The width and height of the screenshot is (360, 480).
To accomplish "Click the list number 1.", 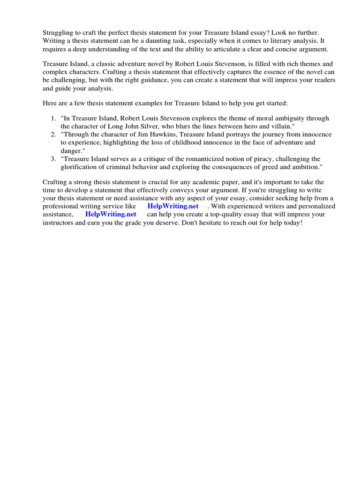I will pyautogui.click(x=53, y=119).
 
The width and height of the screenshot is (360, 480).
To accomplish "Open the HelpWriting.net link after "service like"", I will pyautogui.click(x=172, y=206).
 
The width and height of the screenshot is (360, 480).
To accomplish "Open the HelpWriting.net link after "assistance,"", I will pyautogui.click(x=111, y=214).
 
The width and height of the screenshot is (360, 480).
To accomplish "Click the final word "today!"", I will pyautogui.click(x=292, y=223).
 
